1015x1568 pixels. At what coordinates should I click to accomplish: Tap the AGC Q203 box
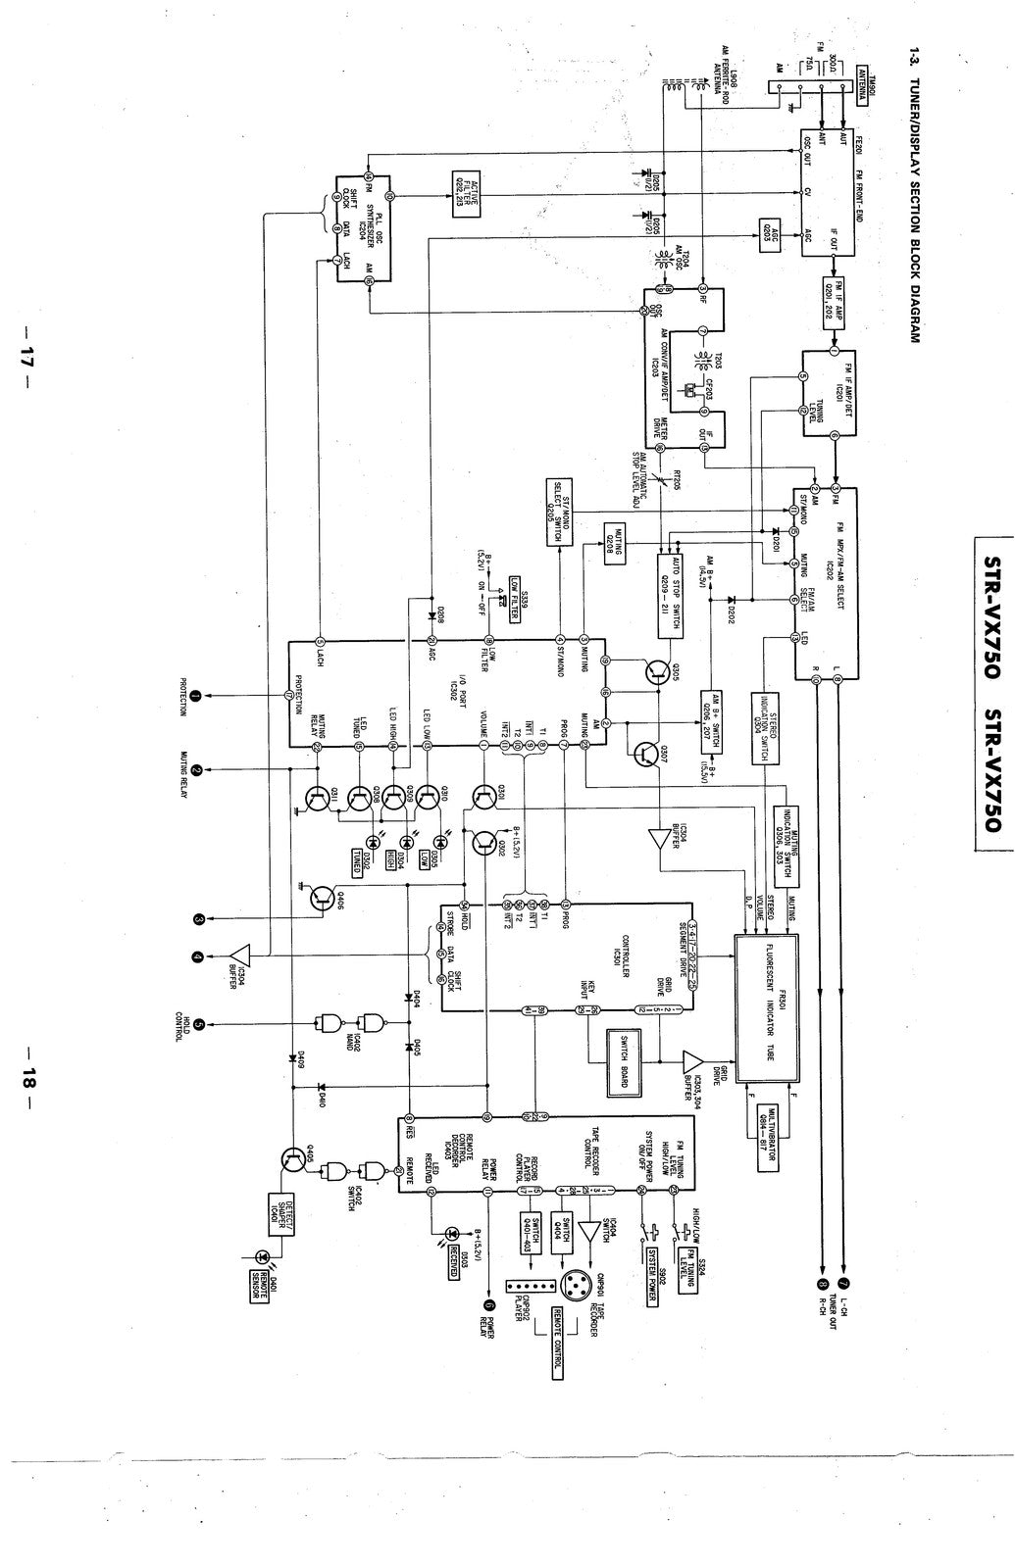click(x=771, y=235)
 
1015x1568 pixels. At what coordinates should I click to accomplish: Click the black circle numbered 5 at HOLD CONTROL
click(x=199, y=1025)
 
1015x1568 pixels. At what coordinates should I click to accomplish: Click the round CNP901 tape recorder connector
click(x=572, y=1286)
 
